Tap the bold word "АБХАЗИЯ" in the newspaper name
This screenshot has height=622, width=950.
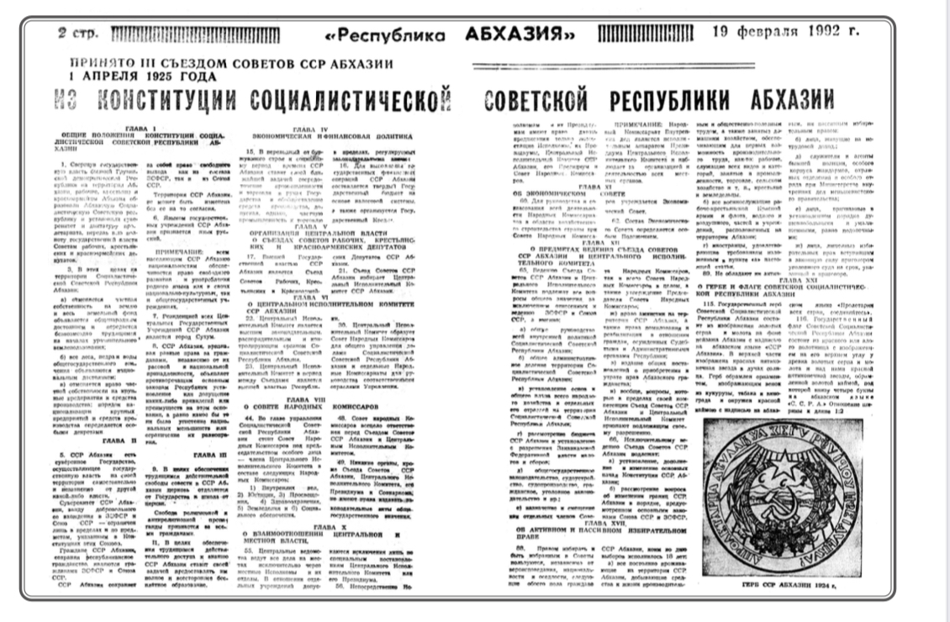click(514, 36)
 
